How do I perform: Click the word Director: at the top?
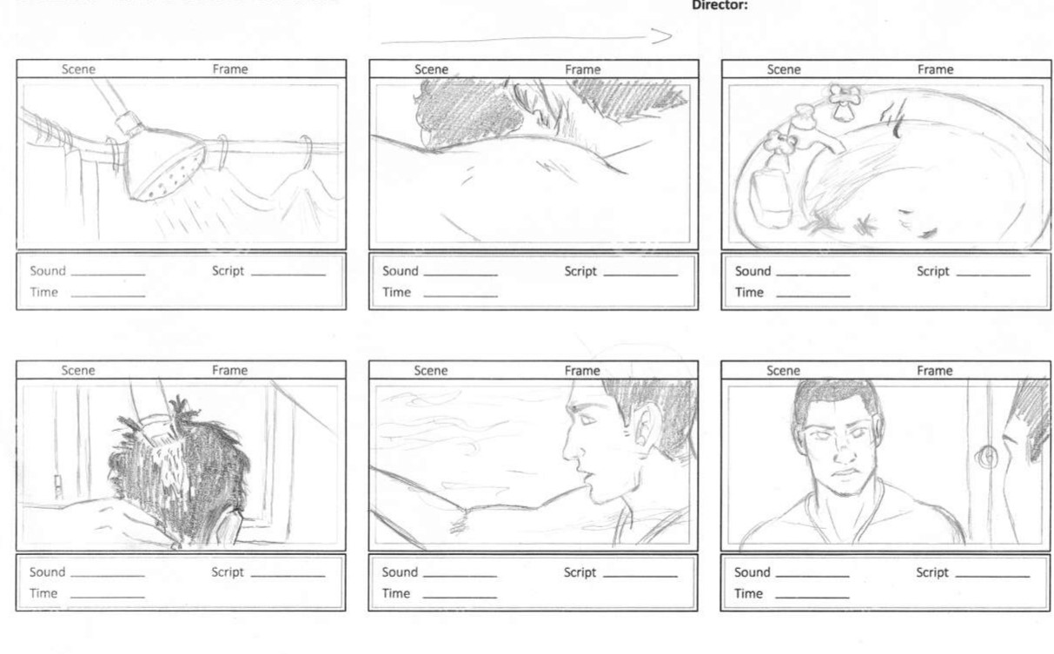tap(719, 5)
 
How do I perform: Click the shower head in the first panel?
tap(165, 164)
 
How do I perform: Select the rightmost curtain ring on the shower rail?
tap(308, 151)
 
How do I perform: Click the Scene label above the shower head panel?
tap(78, 69)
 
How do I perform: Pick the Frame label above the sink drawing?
tap(936, 69)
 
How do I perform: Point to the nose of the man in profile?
tap(571, 449)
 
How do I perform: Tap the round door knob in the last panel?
tap(987, 456)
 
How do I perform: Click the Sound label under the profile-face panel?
tap(400, 572)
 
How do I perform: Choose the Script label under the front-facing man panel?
tap(932, 572)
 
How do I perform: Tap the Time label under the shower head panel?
tap(43, 292)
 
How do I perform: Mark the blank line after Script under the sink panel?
tap(993, 275)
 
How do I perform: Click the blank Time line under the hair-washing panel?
tap(108, 597)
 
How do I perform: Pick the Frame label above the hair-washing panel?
tap(229, 370)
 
